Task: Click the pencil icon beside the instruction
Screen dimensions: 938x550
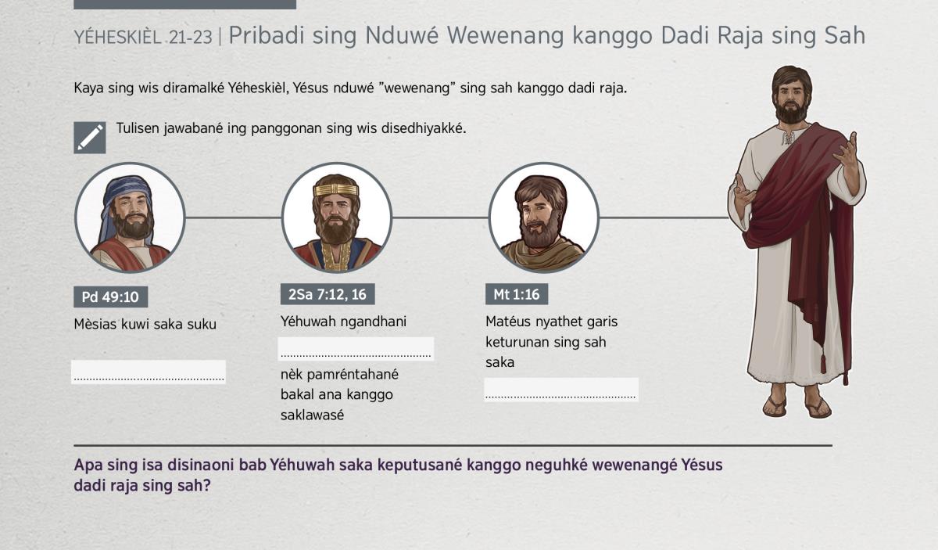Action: [x=90, y=138]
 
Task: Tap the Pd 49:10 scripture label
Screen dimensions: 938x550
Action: [x=110, y=297]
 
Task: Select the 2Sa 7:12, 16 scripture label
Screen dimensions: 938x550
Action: [x=328, y=294]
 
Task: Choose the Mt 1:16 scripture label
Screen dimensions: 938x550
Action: [x=517, y=294]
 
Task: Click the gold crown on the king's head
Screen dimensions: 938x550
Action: [x=336, y=190]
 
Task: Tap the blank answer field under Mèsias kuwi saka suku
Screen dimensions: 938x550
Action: [x=149, y=372]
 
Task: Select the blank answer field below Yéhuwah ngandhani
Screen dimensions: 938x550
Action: [x=356, y=349]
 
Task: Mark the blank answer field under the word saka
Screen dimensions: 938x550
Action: [x=561, y=390]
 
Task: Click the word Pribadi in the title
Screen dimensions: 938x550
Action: [x=267, y=36]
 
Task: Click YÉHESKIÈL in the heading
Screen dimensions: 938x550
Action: [x=118, y=37]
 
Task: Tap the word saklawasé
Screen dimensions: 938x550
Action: [x=313, y=415]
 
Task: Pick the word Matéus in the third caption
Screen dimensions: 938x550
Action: [x=508, y=322]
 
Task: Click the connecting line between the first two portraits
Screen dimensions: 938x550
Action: [x=233, y=217]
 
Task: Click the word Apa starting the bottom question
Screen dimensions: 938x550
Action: [x=88, y=466]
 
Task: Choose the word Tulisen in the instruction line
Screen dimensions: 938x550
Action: [x=138, y=128]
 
